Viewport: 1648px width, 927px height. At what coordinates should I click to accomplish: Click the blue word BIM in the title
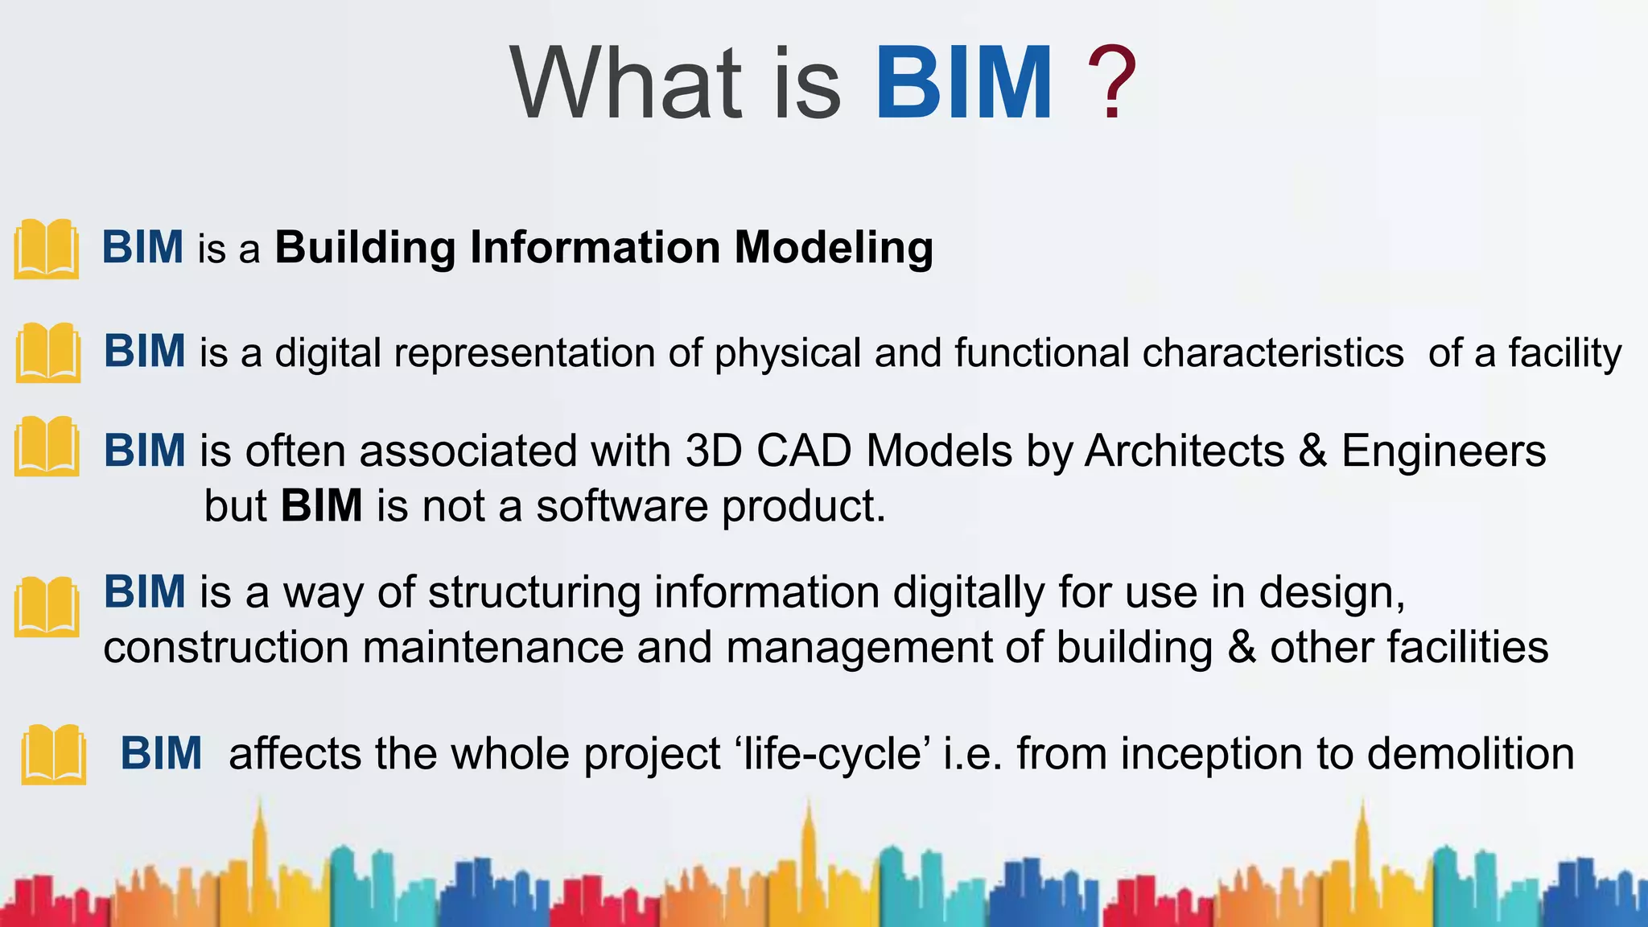point(963,84)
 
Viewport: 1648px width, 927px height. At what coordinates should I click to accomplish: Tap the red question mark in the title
point(1110,84)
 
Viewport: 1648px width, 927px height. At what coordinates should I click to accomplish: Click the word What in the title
point(626,84)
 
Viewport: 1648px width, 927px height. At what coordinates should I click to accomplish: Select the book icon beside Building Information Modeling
point(47,249)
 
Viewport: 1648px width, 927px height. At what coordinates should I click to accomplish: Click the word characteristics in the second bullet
point(1272,353)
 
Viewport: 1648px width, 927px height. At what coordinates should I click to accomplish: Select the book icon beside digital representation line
point(48,352)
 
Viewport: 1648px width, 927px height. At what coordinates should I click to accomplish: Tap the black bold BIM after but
point(321,506)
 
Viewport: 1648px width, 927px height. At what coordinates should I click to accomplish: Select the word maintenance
point(492,648)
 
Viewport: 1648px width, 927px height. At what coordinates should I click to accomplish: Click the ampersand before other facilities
point(1242,648)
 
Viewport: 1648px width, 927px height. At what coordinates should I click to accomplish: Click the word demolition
point(1470,755)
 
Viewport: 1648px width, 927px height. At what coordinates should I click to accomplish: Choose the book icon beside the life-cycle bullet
point(54,754)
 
